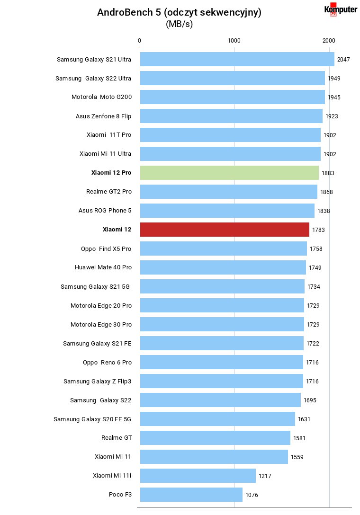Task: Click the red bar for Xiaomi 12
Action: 225,230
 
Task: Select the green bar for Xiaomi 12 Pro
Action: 229,173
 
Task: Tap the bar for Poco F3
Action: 191,495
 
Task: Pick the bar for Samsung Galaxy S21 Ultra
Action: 237,59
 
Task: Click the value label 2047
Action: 343,60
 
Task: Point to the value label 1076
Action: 252,495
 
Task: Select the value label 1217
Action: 265,476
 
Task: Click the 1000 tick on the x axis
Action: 234,40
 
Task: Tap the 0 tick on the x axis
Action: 139,40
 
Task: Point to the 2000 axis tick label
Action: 329,40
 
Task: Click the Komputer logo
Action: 341,9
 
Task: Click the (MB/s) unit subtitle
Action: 179,24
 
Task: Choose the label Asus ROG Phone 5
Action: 105,211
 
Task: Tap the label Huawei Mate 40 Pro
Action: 103,267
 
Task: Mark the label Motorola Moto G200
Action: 101,97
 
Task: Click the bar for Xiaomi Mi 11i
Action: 198,476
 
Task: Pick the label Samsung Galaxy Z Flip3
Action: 97,382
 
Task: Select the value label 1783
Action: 318,230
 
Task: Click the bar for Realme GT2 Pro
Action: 229,192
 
